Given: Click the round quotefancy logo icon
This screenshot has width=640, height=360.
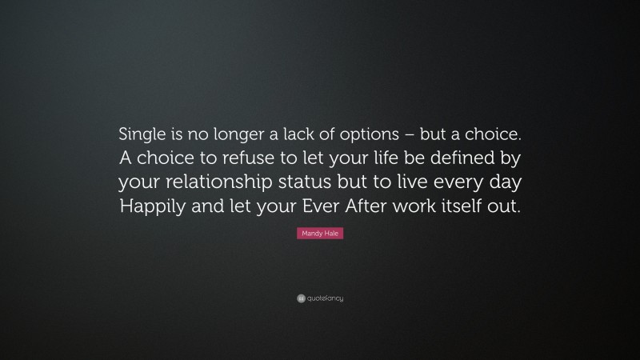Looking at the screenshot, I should [x=300, y=298].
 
